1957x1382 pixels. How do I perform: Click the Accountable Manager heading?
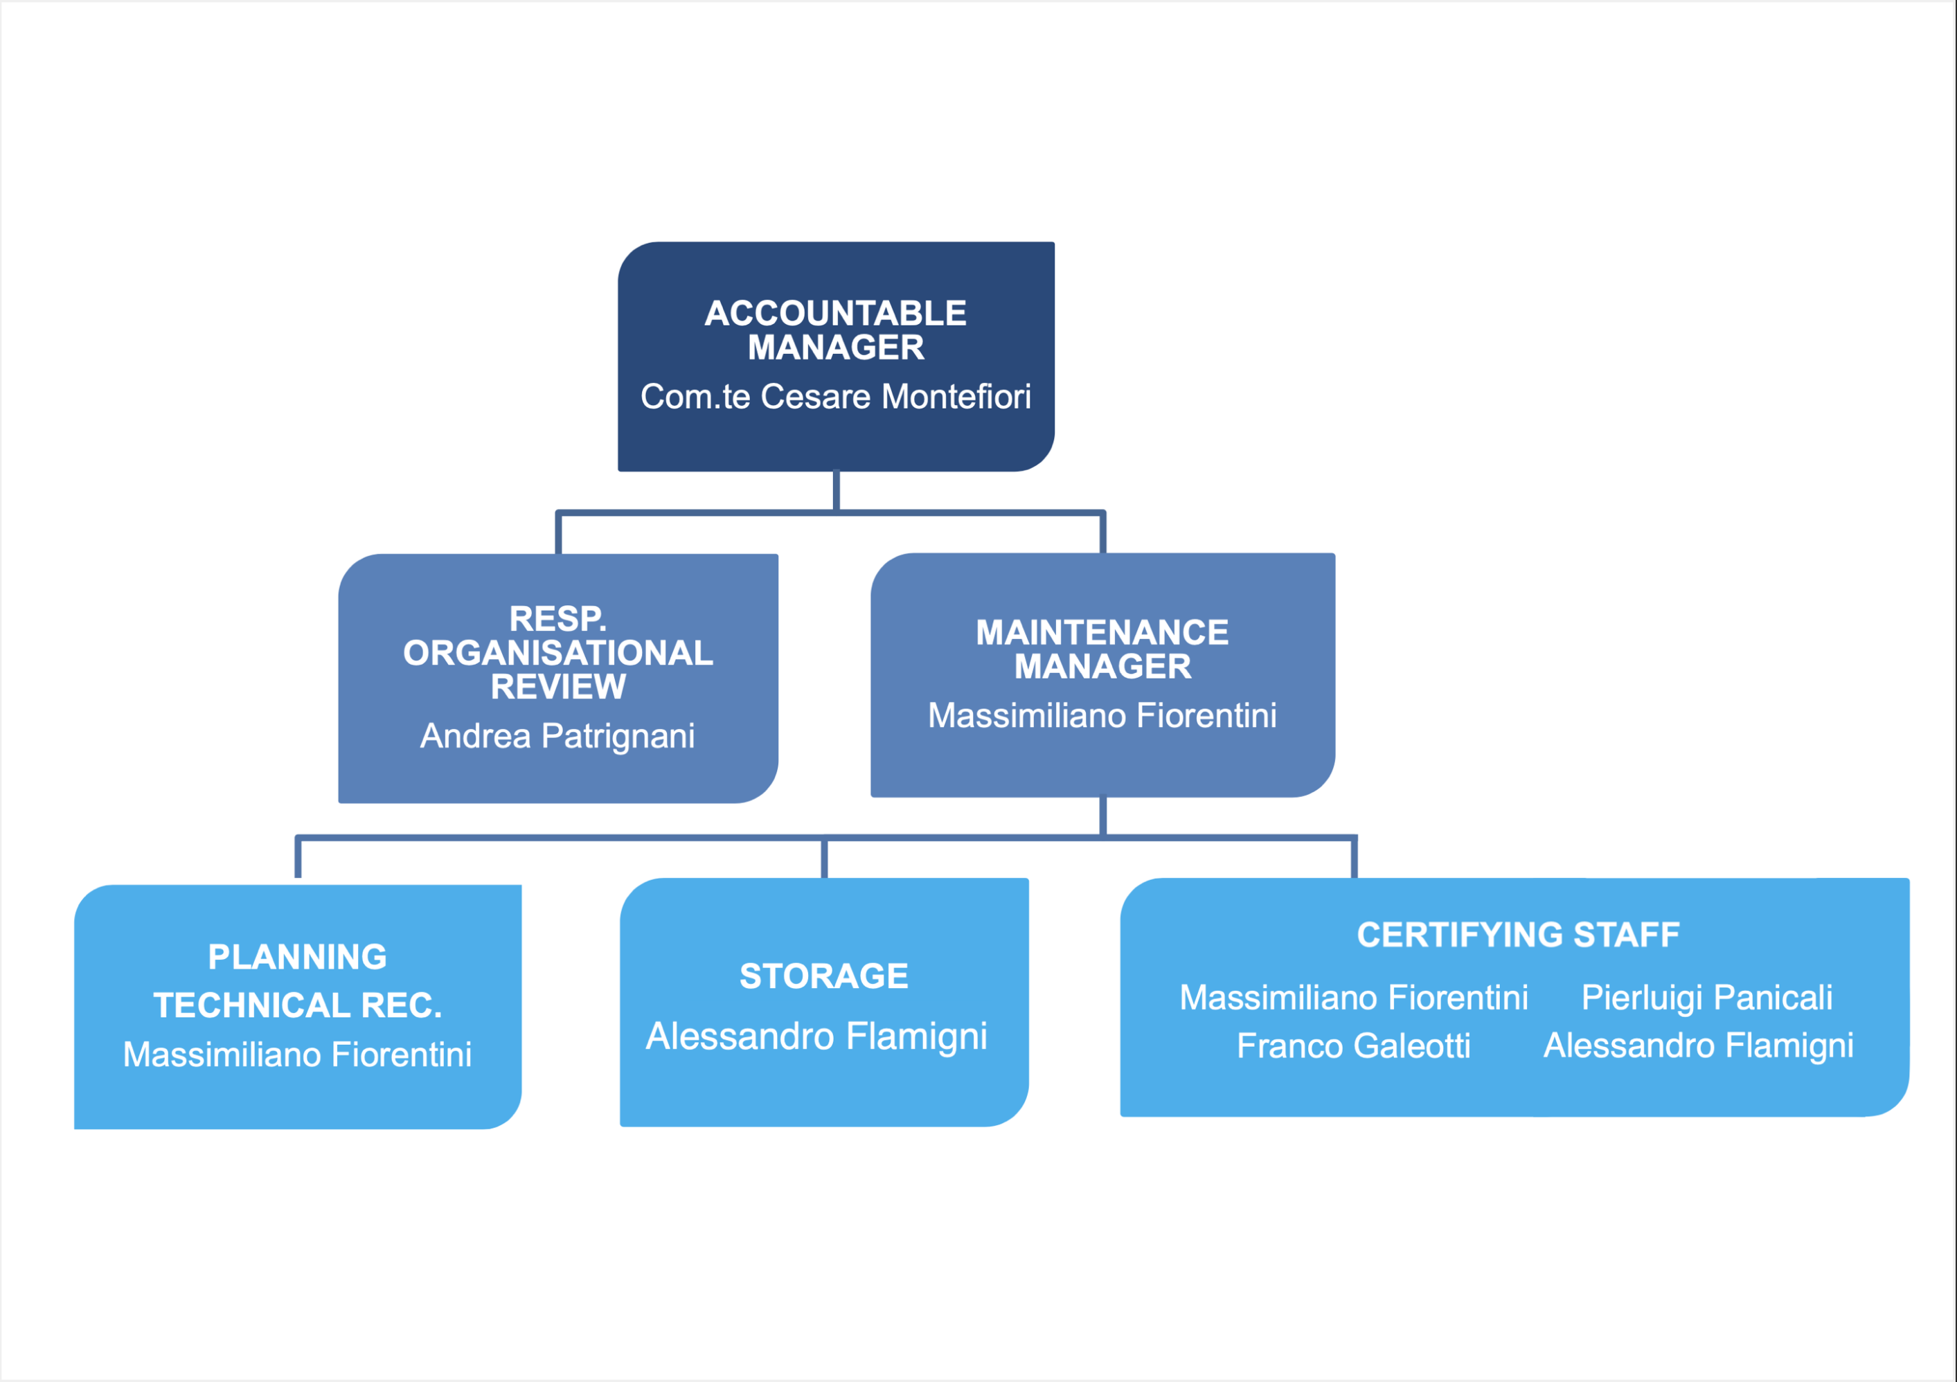tap(835, 330)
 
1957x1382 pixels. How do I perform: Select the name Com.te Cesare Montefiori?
tap(835, 396)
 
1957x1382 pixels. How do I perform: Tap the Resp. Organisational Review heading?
tap(558, 653)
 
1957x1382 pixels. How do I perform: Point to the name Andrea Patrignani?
tap(557, 736)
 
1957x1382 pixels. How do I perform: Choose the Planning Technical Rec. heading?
tap(298, 980)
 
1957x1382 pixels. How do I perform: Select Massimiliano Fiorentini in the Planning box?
tap(298, 1055)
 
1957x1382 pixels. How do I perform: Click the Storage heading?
tap(823, 976)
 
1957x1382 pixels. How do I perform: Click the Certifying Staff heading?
tap(1518, 935)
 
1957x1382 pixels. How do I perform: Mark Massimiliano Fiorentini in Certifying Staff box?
tap(1354, 998)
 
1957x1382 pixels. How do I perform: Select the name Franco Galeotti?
tap(1354, 1046)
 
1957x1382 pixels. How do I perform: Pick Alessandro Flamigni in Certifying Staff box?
tap(1699, 1046)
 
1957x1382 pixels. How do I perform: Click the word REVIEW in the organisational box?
tap(558, 687)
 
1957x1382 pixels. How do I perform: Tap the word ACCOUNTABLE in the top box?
tap(835, 314)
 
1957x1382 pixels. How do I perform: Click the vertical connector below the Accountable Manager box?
tap(836, 491)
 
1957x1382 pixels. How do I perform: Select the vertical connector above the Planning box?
tap(298, 857)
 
